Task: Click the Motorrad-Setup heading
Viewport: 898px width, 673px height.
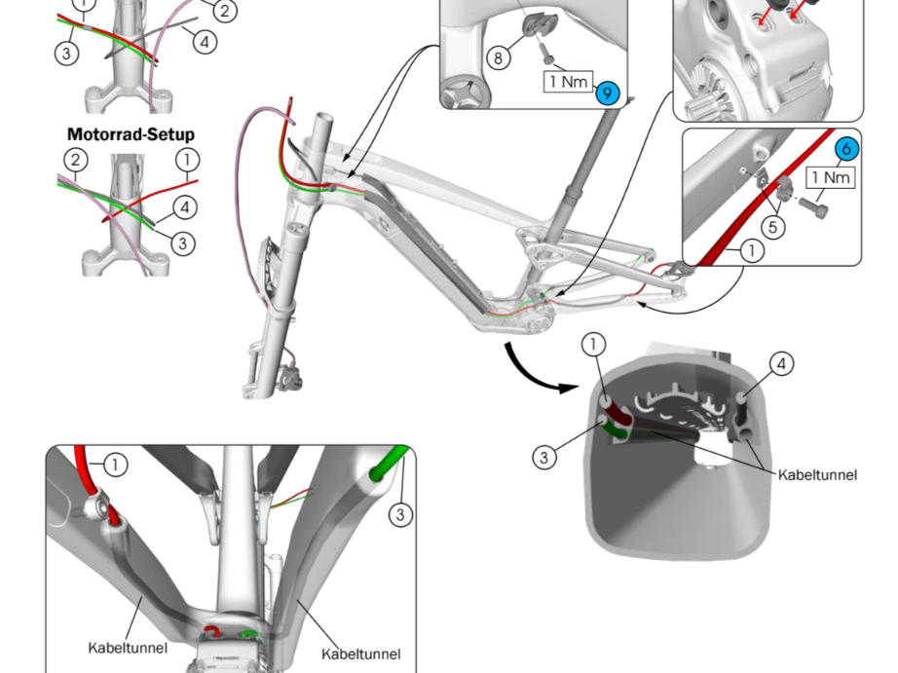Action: [131, 134]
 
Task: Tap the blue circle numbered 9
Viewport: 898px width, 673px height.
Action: [608, 93]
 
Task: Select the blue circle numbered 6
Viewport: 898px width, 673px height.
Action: [846, 149]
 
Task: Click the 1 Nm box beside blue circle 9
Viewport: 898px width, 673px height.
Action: [568, 82]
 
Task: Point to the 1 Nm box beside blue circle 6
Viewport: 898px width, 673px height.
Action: [831, 177]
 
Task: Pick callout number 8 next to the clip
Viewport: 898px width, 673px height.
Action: [499, 57]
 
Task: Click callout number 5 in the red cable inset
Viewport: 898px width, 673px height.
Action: [772, 227]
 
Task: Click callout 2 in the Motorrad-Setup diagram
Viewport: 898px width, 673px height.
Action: [76, 160]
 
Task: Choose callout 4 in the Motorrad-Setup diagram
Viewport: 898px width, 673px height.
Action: [184, 207]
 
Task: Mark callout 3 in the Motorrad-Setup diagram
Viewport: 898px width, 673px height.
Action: [183, 243]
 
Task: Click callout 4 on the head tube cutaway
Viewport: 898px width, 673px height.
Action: [782, 363]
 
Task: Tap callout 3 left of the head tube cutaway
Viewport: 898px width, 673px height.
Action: [544, 457]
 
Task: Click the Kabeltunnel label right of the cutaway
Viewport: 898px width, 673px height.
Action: [817, 475]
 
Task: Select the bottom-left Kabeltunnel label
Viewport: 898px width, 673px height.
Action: [128, 648]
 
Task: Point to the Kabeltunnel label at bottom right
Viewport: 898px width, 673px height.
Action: [360, 654]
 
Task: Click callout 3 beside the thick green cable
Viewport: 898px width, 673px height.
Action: [400, 514]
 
